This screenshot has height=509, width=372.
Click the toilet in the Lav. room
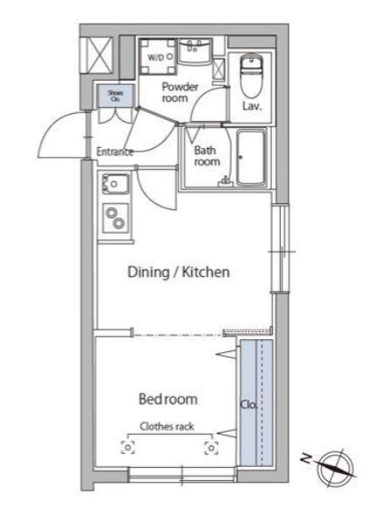point(251,75)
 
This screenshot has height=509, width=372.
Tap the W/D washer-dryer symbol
point(158,57)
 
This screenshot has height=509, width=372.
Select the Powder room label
point(180,92)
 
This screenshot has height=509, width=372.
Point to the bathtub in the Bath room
point(251,158)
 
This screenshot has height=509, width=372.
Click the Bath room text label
point(207,156)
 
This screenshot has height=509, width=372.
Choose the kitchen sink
point(116,184)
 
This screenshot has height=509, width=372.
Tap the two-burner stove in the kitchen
point(116,218)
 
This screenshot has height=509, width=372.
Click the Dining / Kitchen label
point(178,272)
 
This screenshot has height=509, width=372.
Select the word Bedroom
point(168,399)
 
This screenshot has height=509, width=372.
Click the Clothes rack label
point(167,427)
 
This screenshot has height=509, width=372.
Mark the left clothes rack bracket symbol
point(128,448)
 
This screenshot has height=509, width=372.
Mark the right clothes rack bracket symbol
point(211,448)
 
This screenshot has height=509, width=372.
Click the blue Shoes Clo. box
point(116,95)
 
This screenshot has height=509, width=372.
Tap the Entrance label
point(115,152)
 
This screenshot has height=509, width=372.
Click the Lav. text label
point(252,106)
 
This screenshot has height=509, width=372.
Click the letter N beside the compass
point(305,458)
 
